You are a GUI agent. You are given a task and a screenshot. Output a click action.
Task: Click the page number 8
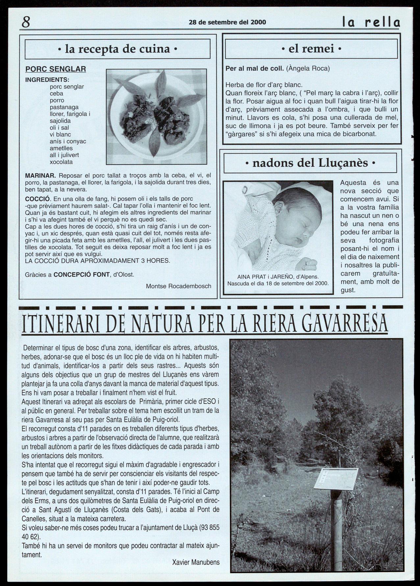click(x=26, y=22)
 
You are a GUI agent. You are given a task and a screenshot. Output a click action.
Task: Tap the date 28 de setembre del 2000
click(x=227, y=22)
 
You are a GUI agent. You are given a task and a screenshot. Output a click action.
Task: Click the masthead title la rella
click(x=371, y=22)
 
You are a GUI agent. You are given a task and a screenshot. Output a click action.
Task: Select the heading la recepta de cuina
click(x=117, y=49)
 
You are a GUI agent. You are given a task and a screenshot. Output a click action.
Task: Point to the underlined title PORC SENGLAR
click(x=56, y=69)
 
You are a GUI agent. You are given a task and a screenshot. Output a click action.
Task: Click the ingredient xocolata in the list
click(x=61, y=162)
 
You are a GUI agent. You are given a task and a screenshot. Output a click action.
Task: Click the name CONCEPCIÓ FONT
click(x=82, y=274)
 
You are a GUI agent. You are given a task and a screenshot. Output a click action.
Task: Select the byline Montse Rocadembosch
click(x=178, y=286)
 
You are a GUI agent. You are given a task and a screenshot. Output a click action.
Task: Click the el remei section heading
click(x=311, y=49)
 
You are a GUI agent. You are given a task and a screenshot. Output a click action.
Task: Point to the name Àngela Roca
click(x=308, y=68)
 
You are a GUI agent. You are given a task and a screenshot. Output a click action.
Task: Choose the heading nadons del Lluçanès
click(x=310, y=163)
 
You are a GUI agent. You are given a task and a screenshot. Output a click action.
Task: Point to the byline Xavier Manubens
click(x=196, y=562)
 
